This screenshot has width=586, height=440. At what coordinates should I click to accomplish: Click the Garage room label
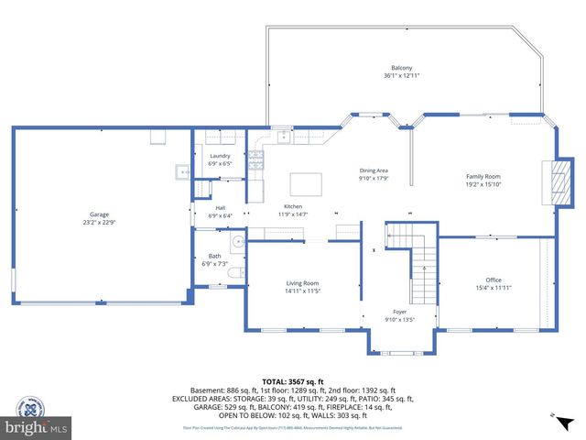click(99, 214)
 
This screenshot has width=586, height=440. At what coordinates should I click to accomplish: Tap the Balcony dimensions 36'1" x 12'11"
click(401, 76)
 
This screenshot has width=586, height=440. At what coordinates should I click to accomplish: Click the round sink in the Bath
click(236, 243)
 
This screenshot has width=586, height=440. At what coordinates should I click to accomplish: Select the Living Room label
click(302, 283)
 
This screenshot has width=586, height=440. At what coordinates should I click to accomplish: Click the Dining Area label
click(374, 170)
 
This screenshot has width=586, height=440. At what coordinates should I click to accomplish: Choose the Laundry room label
click(220, 156)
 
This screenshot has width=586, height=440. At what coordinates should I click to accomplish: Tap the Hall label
click(220, 208)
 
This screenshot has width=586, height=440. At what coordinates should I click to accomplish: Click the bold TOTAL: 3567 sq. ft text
click(292, 381)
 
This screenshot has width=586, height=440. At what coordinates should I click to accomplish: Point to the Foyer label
click(399, 312)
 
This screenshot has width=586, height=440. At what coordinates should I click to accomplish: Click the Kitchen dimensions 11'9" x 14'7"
click(293, 214)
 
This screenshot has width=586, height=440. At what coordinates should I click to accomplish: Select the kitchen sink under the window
click(284, 137)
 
